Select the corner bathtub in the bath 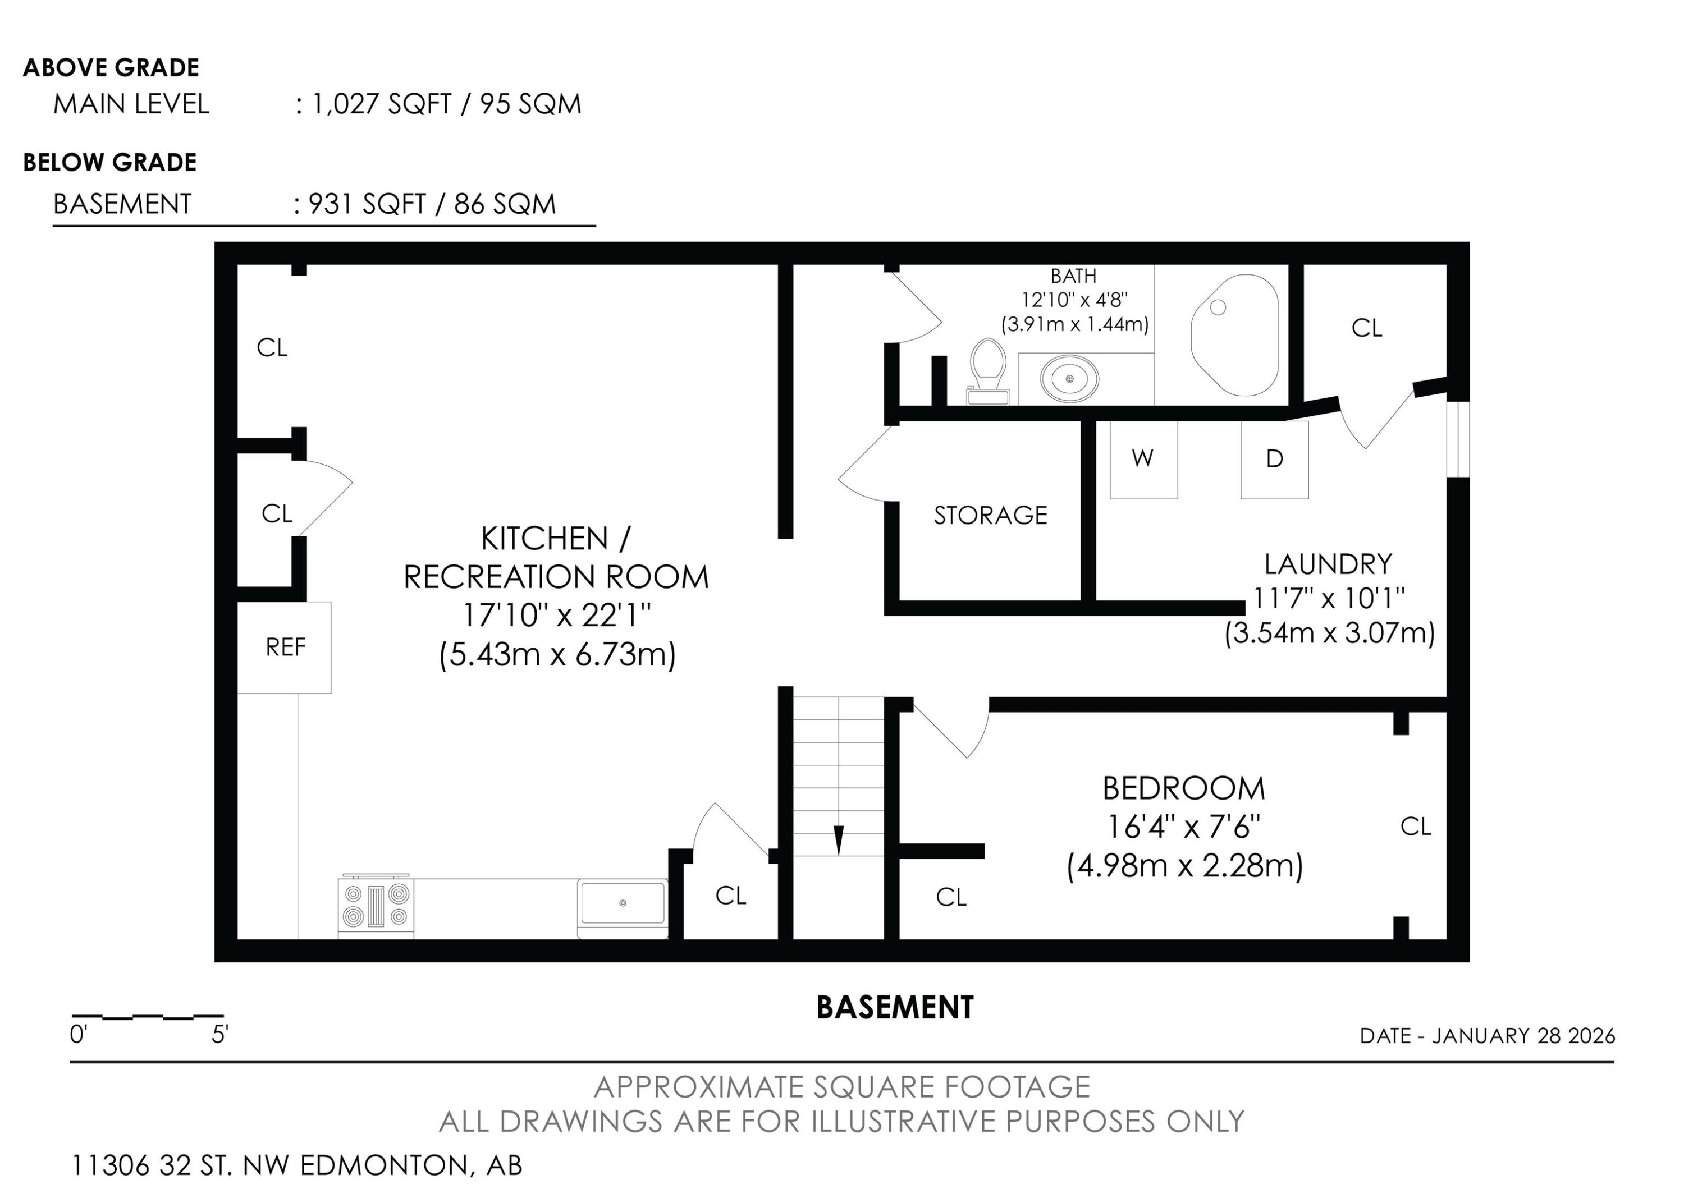tap(1234, 335)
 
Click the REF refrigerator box tap(285, 648)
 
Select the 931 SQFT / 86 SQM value tap(432, 204)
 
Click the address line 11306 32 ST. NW tap(296, 1165)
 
